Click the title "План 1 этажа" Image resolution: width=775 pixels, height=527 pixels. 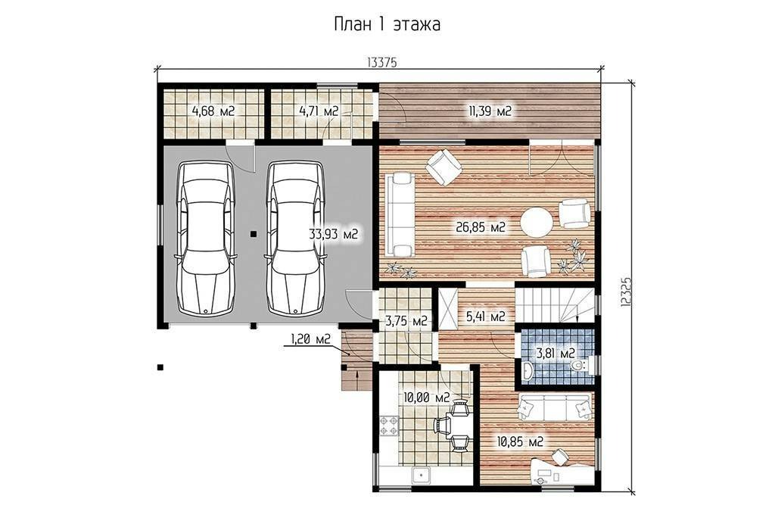387,24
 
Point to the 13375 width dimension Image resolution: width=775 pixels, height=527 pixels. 382,62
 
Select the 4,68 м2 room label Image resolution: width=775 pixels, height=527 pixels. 213,111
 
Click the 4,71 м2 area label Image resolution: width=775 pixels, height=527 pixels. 319,111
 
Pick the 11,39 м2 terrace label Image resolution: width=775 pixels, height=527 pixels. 490,111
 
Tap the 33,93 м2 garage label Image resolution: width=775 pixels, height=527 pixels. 333,234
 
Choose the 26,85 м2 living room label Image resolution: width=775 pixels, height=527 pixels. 481,227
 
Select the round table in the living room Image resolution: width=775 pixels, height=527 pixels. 537,223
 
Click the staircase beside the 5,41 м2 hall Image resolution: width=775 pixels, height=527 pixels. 555,305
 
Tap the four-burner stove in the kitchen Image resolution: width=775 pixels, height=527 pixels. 388,426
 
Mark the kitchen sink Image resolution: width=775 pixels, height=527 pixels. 421,476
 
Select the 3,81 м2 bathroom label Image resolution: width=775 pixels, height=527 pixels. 556,354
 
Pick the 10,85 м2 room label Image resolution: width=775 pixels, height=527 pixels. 521,441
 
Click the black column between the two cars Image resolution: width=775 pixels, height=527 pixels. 253,234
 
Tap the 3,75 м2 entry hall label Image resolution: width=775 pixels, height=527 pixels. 406,321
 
